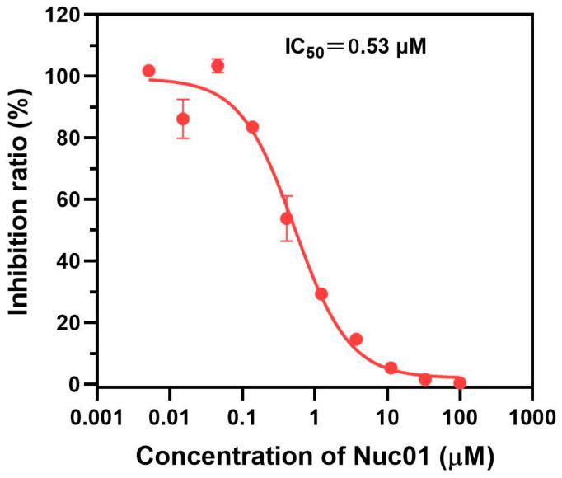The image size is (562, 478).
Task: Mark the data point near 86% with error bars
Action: coord(183,119)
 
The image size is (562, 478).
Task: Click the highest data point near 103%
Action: coord(218,66)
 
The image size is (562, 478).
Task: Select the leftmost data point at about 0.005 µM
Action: coord(148,71)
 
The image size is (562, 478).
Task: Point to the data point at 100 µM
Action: coord(460,382)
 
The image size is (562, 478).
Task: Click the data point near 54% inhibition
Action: coord(287,218)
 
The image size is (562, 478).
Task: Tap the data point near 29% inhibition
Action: coord(321,294)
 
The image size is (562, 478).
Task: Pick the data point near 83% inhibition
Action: coord(252,127)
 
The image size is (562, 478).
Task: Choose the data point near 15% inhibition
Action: coord(356,340)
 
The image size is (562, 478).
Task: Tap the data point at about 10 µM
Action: coord(391,368)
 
